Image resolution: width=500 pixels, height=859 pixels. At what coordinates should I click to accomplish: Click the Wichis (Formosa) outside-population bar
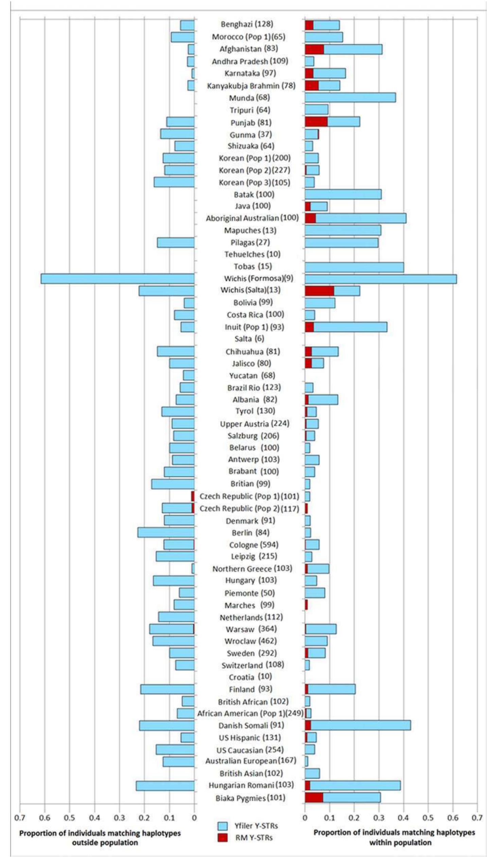[x=118, y=279]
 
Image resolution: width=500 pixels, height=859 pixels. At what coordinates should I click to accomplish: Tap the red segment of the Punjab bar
[x=316, y=122]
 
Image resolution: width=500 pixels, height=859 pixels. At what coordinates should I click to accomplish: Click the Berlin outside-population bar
[x=166, y=533]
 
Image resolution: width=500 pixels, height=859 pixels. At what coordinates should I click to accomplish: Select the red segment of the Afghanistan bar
[x=314, y=49]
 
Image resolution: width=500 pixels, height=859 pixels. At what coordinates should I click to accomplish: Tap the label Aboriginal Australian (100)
[x=252, y=218]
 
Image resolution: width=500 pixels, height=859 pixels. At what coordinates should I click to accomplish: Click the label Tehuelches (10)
[x=252, y=254]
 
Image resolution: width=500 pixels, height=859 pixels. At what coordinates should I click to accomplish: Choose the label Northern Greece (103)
[x=252, y=569]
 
